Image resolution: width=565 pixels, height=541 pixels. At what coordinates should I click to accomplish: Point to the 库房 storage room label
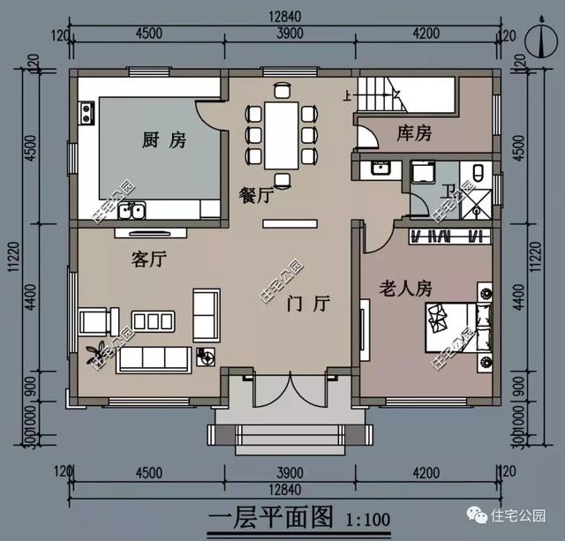click(x=414, y=133)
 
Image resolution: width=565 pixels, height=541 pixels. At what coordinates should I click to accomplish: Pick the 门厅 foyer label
click(x=308, y=304)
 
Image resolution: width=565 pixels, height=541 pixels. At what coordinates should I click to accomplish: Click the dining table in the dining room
click(x=282, y=134)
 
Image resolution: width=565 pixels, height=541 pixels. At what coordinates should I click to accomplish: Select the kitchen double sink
click(x=133, y=210)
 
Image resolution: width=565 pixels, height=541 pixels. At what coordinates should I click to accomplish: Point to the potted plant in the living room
click(x=94, y=352)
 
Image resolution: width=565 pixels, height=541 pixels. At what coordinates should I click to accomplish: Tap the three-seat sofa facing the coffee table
click(x=152, y=357)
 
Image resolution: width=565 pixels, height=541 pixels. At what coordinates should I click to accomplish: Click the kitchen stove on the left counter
click(x=87, y=112)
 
